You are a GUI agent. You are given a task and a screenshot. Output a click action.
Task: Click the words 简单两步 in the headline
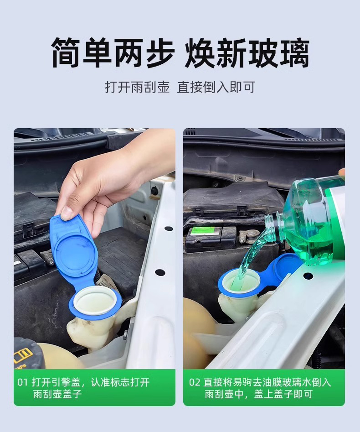point(113,52)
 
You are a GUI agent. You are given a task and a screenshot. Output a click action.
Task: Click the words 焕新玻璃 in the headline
point(247,52)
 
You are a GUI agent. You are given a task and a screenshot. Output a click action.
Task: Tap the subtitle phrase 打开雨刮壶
point(137,87)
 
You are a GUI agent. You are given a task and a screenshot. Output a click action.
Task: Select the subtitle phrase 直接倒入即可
point(216,87)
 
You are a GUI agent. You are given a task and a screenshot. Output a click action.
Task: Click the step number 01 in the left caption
point(23,382)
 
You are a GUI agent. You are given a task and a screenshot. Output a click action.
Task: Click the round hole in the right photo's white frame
point(308,275)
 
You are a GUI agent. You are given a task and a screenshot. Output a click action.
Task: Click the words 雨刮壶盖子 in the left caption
point(57,394)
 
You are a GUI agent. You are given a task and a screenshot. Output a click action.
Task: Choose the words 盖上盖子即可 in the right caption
point(283,394)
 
